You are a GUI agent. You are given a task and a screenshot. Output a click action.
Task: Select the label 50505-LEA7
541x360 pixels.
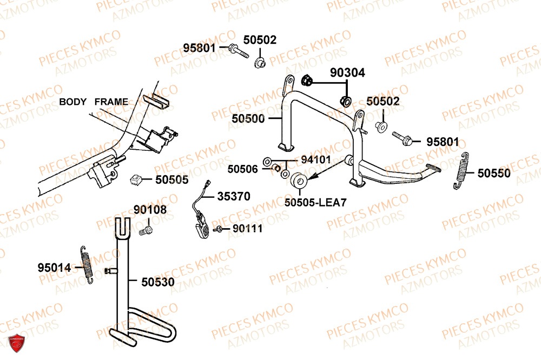click(315, 202)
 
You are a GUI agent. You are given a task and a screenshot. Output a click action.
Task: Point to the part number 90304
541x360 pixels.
click(348, 72)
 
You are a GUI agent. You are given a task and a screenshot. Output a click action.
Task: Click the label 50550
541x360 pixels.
click(493, 173)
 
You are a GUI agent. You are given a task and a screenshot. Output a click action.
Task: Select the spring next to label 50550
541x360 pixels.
click(460, 171)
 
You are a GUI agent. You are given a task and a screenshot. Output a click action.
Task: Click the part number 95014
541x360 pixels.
click(54, 268)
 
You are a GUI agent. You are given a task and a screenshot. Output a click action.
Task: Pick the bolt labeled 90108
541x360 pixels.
click(146, 231)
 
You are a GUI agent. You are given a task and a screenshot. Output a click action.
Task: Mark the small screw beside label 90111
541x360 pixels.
click(220, 230)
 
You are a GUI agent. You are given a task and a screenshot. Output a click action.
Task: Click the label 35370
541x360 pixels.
click(234, 196)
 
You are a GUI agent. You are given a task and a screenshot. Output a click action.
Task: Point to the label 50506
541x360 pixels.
click(243, 169)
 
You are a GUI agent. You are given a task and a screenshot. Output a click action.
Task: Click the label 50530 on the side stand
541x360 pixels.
click(158, 282)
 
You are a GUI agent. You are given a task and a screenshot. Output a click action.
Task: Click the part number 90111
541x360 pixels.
click(247, 229)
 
